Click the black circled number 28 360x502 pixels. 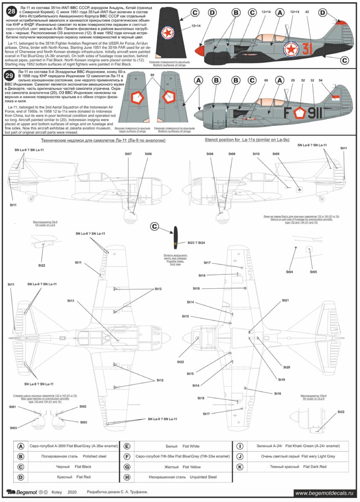(x=11, y=11)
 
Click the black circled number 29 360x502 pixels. (x=9, y=76)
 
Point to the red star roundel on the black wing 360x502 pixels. (x=167, y=33)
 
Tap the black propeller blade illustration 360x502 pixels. (x=175, y=237)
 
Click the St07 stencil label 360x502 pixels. (x=128, y=154)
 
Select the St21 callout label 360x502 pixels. (x=285, y=300)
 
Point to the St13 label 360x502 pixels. (x=70, y=301)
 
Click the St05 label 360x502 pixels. (x=313, y=272)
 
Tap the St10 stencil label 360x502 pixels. (x=256, y=154)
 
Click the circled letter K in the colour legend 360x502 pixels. (x=240, y=467)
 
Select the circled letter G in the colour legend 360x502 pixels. (x=127, y=467)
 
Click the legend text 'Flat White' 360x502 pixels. (x=191, y=446)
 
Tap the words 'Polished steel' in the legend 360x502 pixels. (x=94, y=456)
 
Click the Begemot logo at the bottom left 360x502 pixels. (x=22, y=492)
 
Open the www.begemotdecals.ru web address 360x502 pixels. (x=324, y=493)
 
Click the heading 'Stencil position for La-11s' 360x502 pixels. (x=247, y=140)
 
